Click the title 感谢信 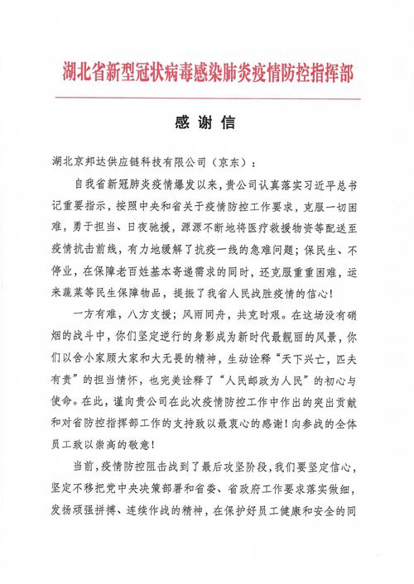coord(206,122)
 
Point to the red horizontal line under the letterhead coord(207,98)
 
